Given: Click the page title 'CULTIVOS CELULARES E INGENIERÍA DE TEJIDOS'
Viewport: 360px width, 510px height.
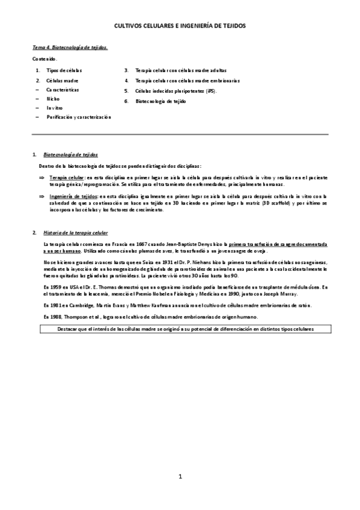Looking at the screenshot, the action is coord(180,26).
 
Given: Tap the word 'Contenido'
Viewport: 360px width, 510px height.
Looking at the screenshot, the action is coord(44,59).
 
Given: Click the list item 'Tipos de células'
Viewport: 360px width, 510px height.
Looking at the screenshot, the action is coord(64,71).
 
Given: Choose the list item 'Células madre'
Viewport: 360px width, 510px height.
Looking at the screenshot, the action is coord(63,80).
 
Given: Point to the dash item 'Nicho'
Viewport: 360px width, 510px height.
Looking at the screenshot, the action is coord(53,98).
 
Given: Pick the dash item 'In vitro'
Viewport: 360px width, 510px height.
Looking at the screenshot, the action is coord(55,108).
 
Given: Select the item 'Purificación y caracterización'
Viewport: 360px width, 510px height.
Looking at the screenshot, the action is coord(79,117).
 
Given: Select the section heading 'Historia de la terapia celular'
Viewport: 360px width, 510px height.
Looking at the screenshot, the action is coord(75,232).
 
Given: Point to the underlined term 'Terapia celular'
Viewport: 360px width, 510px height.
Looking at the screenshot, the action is coord(67,178).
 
